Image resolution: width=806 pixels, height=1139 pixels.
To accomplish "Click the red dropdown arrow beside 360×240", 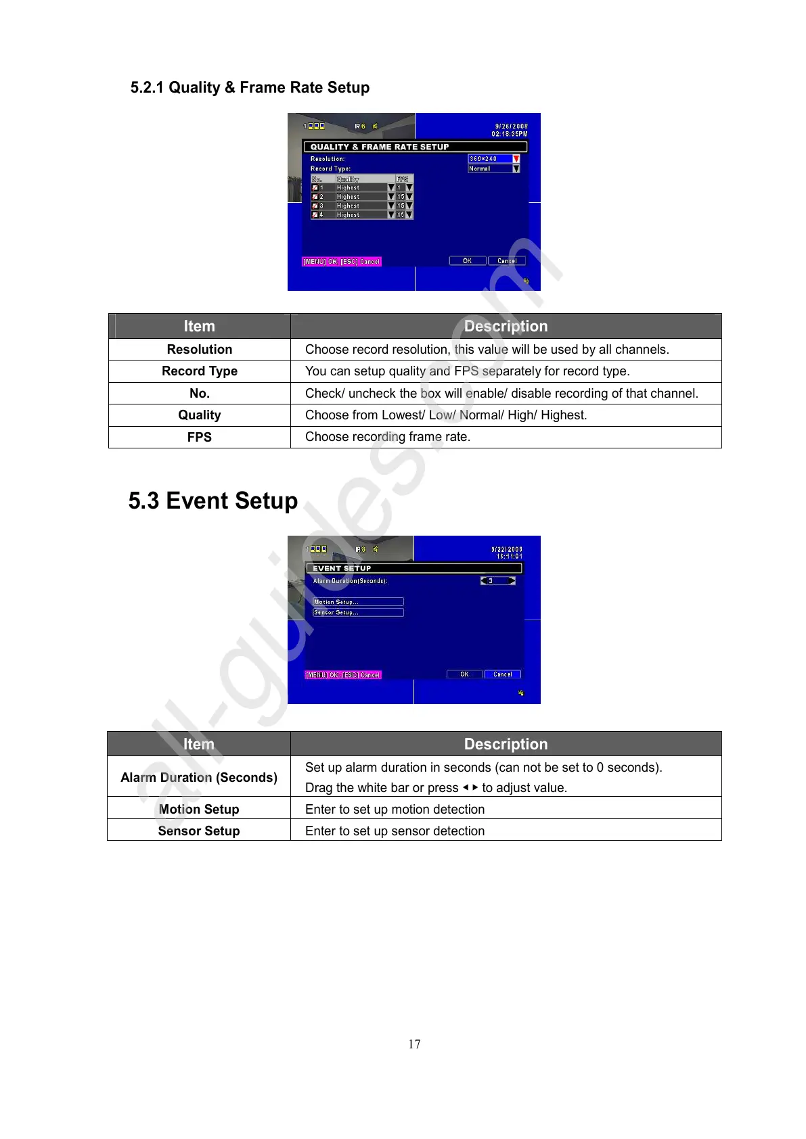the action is point(516,159).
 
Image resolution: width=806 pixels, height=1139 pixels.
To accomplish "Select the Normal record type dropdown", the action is point(493,168).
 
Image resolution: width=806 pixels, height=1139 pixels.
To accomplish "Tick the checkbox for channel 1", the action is point(315,188).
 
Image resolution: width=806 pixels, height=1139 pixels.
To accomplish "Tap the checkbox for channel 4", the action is point(315,215).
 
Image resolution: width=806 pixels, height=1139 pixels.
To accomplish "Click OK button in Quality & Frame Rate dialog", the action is point(467,261).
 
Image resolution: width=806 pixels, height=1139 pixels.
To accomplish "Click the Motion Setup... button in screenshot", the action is point(358,602).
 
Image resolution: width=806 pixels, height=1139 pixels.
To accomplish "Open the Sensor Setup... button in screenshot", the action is point(358,613).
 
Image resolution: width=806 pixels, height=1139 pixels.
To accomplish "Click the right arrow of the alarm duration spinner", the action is point(512,581).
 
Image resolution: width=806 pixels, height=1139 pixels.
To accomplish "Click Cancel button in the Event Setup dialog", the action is point(502,674).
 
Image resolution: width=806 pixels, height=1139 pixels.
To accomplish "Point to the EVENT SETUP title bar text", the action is point(342,568).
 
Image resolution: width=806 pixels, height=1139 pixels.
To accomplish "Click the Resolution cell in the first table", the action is point(200,349).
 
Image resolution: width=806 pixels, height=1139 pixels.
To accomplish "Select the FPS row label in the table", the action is point(200,437).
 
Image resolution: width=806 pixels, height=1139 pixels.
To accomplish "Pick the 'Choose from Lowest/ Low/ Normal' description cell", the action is point(446,415).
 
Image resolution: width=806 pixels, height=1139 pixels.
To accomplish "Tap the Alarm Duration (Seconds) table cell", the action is point(199,777).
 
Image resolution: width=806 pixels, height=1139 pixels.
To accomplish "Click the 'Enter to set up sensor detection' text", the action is point(395,831).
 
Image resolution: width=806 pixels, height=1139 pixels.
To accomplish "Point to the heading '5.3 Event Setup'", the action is point(213,501).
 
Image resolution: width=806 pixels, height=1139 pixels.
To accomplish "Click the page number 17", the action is point(414,1044).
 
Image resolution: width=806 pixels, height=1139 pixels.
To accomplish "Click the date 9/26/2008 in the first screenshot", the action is point(511,126).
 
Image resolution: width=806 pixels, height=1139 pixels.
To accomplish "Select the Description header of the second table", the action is point(506,744).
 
